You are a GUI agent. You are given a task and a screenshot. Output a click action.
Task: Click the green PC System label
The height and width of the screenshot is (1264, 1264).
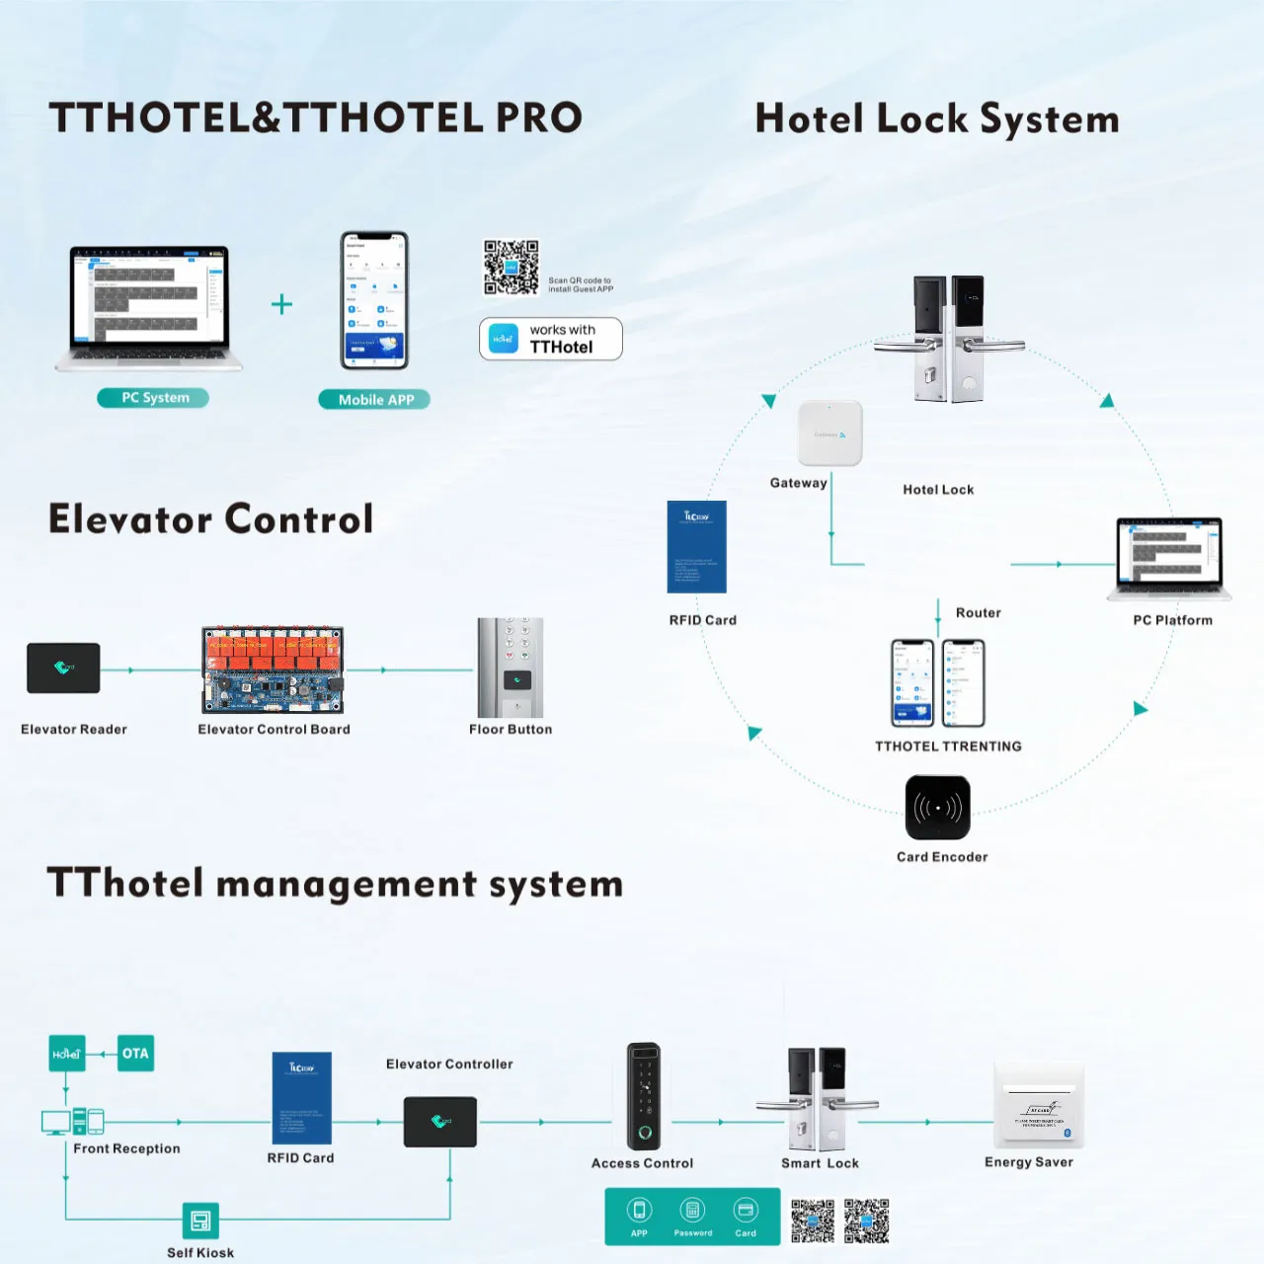pos(153,398)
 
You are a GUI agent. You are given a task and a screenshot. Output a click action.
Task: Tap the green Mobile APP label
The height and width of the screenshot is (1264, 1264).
pos(374,399)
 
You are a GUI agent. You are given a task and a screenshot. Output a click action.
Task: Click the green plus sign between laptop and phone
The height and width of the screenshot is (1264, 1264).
pos(281,304)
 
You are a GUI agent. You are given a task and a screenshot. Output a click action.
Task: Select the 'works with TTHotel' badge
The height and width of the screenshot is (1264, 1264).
pos(550,339)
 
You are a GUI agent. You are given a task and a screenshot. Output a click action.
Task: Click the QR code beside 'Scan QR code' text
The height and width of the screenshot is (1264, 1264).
pos(511,267)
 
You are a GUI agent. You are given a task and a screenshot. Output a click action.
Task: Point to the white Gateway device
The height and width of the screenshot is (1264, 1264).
pos(829,433)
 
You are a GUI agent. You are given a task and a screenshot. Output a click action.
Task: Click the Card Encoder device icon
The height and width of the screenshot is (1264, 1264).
pos(937,808)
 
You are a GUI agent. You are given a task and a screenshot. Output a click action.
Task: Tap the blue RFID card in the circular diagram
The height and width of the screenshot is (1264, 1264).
pos(697,546)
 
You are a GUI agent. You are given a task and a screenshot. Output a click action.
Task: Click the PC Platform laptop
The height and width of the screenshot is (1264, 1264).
pos(1169,558)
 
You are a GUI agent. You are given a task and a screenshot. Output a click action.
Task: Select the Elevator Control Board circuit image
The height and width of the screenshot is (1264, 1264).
pos(273,669)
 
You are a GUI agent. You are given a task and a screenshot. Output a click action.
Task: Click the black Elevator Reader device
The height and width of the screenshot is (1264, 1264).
pos(63,668)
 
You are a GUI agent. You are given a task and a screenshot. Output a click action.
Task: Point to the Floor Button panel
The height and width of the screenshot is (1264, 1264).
pos(511,668)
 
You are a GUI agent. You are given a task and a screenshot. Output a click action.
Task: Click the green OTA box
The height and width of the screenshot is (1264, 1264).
pos(135,1054)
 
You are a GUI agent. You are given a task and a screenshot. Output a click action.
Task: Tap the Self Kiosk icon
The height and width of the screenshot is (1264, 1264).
pos(199,1221)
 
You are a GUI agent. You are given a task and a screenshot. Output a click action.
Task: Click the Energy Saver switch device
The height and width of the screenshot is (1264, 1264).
pos(1038,1106)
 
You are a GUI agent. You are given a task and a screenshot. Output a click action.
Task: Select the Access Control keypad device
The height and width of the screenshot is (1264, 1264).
pos(644,1096)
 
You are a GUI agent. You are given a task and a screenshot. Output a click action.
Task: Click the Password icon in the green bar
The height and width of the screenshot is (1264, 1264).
pos(692,1211)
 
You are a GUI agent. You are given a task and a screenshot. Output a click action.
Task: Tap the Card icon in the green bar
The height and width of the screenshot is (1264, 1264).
pos(746,1211)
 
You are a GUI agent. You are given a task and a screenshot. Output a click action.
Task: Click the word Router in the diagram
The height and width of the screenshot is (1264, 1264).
pos(978,613)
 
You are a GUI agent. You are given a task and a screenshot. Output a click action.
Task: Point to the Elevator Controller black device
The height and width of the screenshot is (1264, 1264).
pos(440,1122)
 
